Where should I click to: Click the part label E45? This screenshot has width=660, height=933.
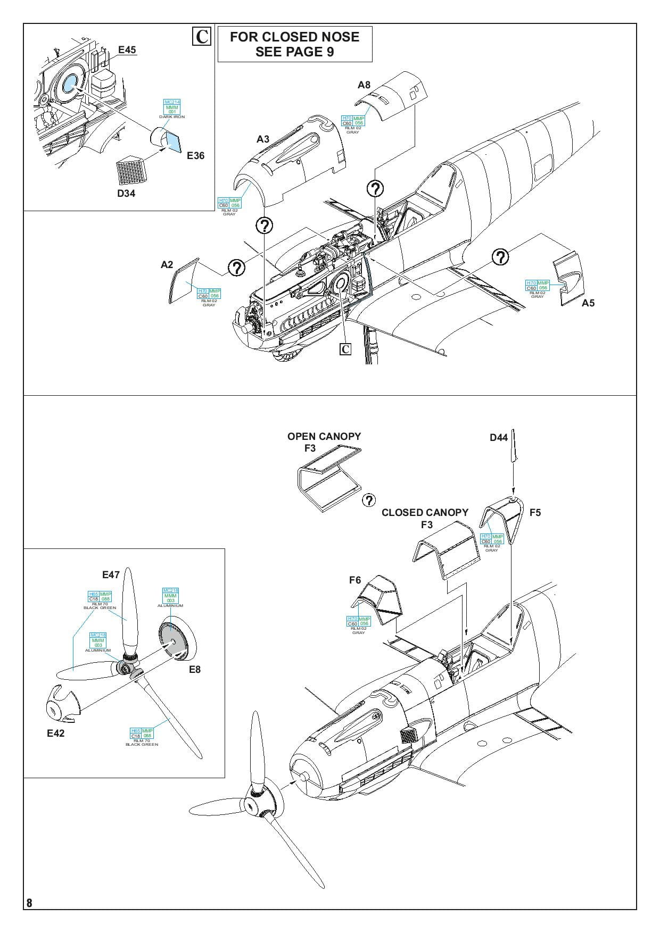click(127, 50)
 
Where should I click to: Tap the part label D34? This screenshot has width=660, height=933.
click(126, 194)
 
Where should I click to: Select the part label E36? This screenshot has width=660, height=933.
click(195, 156)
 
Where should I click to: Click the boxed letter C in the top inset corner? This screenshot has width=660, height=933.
click(202, 37)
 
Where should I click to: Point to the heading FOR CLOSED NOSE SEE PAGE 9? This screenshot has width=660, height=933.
click(294, 44)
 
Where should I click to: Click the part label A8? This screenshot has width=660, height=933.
click(364, 85)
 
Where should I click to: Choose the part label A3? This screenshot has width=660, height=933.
click(263, 139)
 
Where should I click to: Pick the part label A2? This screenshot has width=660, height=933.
click(167, 265)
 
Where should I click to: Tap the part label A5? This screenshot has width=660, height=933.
click(588, 303)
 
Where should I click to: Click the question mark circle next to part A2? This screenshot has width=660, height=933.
click(237, 267)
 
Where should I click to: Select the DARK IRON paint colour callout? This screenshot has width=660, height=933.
click(172, 109)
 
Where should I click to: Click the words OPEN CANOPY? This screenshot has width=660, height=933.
click(324, 437)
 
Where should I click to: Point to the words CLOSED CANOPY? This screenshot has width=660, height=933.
click(425, 513)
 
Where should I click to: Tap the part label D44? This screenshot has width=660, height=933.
click(499, 438)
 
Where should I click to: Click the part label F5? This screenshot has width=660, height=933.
click(535, 513)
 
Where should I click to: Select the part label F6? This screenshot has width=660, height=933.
click(355, 580)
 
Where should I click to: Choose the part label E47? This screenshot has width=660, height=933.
click(111, 574)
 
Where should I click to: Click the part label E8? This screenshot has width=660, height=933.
click(195, 670)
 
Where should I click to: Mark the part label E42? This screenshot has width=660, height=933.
click(55, 733)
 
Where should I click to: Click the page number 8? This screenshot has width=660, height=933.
click(29, 903)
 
